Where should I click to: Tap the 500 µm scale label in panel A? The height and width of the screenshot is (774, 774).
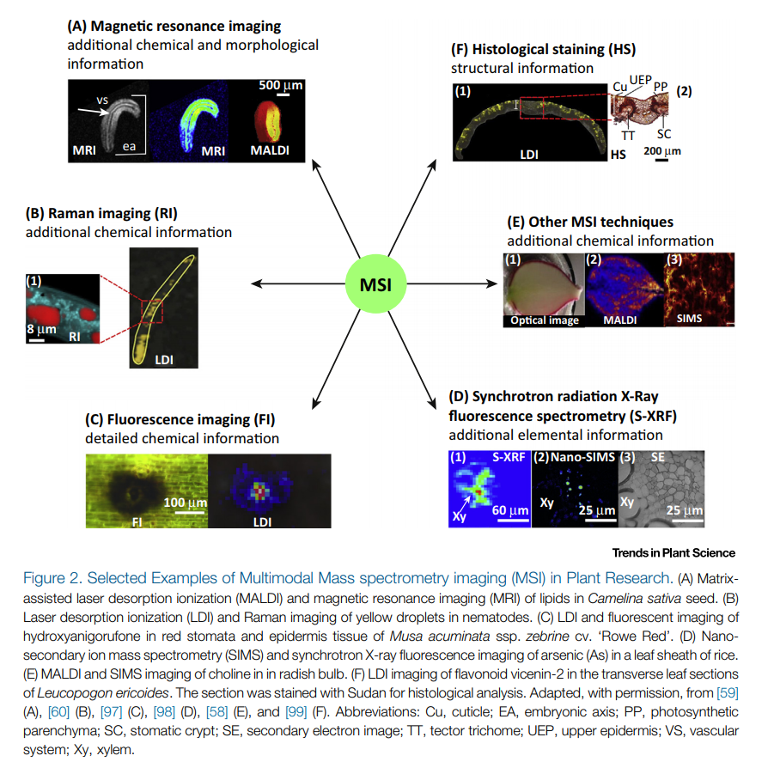[281, 86]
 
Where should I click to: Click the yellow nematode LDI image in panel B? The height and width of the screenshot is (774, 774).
[163, 307]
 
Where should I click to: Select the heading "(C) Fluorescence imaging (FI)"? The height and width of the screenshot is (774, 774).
[180, 419]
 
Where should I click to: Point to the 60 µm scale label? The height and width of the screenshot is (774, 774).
[509, 511]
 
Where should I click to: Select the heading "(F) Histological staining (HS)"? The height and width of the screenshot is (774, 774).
[543, 49]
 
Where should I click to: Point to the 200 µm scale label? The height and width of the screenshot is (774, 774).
[661, 151]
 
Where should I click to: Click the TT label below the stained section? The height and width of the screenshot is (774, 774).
[628, 134]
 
